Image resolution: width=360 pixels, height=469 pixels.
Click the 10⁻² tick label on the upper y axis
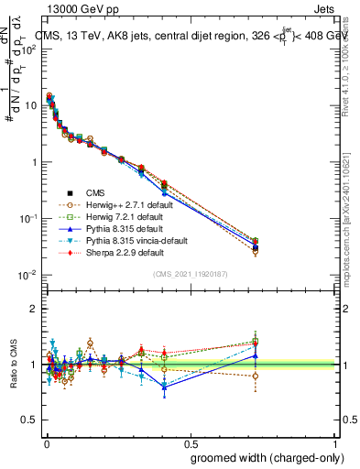pos(29,275)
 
